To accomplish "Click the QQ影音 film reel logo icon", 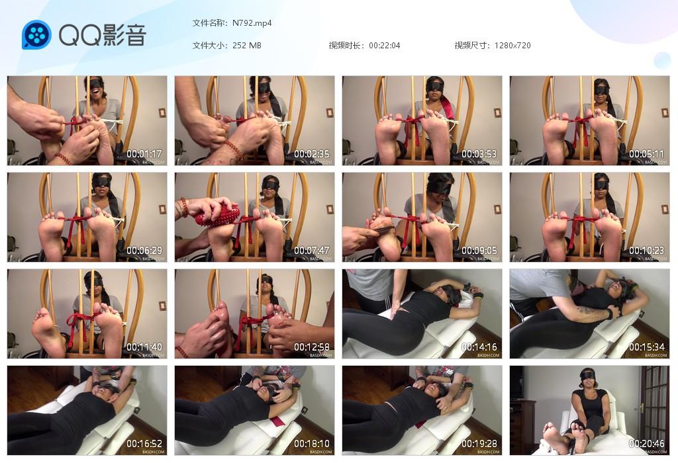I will click(36, 35).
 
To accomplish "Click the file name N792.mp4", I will click(252, 23).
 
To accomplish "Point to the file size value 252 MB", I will click(247, 46).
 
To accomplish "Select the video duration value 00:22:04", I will click(384, 46).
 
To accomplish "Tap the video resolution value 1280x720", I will click(512, 46).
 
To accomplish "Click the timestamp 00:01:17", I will click(144, 154).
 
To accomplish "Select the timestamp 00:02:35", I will click(312, 154).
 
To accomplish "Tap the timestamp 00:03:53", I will click(479, 154).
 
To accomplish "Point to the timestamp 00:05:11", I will click(647, 154).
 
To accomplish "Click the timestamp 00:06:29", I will click(144, 251).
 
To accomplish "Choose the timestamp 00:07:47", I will click(312, 251).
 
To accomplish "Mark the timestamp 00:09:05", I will click(479, 251).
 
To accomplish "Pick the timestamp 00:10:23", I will click(647, 251).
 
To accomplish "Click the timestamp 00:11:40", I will click(144, 347).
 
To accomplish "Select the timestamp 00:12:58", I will click(312, 347).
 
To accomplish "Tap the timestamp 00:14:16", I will click(479, 347).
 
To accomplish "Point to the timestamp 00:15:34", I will click(647, 347).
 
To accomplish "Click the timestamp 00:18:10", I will click(312, 444).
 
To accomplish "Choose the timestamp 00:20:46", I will click(647, 444).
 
